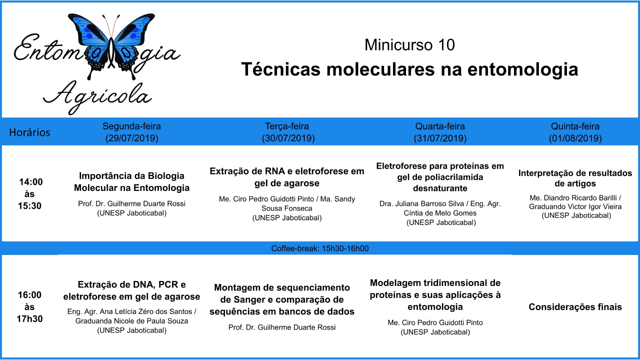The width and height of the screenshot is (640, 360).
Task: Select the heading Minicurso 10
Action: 409,45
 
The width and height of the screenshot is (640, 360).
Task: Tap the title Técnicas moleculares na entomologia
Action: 410,69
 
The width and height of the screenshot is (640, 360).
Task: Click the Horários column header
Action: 30,132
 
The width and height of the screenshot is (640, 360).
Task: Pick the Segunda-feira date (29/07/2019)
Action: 132,138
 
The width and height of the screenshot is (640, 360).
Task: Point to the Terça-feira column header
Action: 287,126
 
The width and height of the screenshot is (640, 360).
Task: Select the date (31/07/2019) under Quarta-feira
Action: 440,138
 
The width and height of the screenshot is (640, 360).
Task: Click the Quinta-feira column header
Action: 575,126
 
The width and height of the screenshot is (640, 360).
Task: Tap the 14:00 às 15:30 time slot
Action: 30,194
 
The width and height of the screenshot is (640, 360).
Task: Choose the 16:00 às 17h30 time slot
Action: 30,307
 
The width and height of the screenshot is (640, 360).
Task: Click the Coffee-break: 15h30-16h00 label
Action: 320,248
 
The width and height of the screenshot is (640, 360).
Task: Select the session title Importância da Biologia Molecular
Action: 132,182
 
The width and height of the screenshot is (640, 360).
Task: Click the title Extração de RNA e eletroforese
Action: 287,177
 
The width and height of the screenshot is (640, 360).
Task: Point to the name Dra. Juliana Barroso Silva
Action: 422,204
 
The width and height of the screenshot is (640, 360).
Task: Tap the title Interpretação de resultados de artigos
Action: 575,178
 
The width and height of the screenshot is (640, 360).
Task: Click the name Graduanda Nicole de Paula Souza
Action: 132,321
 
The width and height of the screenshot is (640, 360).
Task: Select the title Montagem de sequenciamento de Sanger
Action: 282,293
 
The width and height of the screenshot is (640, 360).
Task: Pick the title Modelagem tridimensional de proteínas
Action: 435,289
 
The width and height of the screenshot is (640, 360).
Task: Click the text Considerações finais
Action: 575,307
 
